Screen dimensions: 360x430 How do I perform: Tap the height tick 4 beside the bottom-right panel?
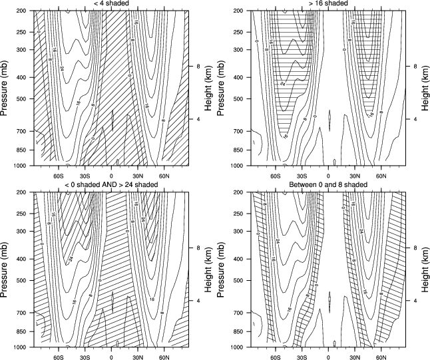(408, 301)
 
